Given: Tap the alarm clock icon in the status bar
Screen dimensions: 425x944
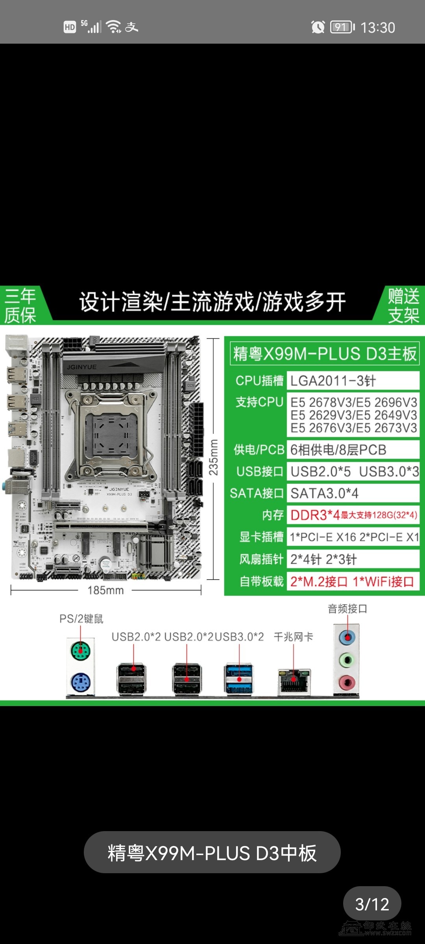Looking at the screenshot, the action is tap(318, 27).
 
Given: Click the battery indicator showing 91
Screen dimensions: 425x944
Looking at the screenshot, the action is tap(342, 27).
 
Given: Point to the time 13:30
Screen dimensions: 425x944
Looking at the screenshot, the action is tap(378, 28).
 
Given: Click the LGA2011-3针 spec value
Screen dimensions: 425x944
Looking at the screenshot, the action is tap(333, 381).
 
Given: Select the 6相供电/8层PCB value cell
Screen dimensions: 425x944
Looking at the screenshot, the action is tap(353, 450).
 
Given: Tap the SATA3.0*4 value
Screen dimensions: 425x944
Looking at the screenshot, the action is tap(324, 493).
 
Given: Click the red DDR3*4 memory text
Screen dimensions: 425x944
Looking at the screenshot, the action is tap(315, 515).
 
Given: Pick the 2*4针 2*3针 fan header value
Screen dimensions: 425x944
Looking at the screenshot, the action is tap(323, 559).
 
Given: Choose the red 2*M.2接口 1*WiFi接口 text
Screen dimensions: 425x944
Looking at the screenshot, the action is tap(352, 581).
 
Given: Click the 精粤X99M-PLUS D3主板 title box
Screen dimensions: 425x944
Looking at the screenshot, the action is tap(325, 353).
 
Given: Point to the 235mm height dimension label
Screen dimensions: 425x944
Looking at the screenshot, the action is tap(213, 457).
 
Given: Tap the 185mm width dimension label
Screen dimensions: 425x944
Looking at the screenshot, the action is tap(105, 590).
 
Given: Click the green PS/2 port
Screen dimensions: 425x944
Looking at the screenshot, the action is tap(80, 651).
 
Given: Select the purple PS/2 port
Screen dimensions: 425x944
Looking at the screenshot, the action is tap(81, 682).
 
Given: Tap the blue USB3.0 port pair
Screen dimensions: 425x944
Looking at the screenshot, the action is tap(239, 678).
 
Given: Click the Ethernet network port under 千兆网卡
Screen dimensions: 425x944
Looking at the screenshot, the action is tap(294, 682).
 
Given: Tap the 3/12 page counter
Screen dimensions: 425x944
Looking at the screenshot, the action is tap(372, 904).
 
